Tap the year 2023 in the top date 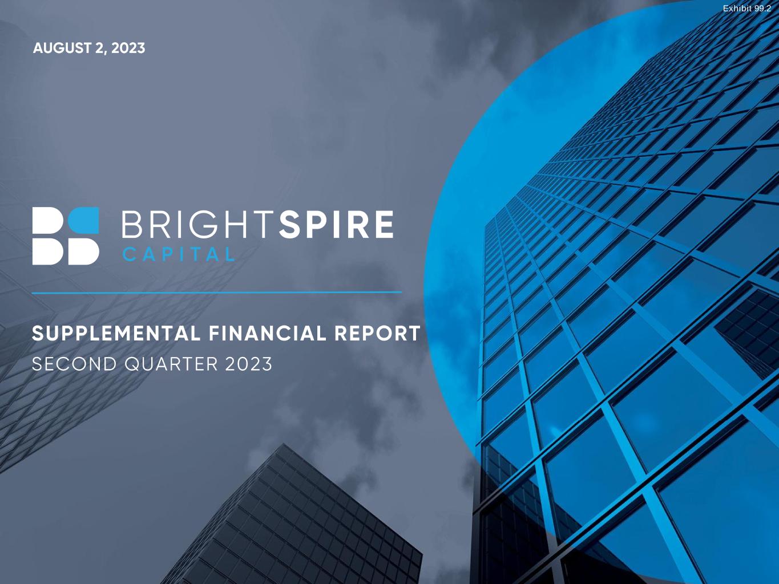[128, 48]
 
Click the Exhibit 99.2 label [747, 9]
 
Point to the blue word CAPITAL [179, 254]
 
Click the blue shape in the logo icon [83, 220]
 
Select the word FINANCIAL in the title [268, 334]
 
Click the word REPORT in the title [378, 334]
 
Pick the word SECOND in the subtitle [75, 364]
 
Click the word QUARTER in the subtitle [171, 364]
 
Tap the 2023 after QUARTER [248, 364]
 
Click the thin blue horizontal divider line [217, 293]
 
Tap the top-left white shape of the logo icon [48, 220]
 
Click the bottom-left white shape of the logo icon [48, 252]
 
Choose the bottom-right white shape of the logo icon [83, 252]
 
